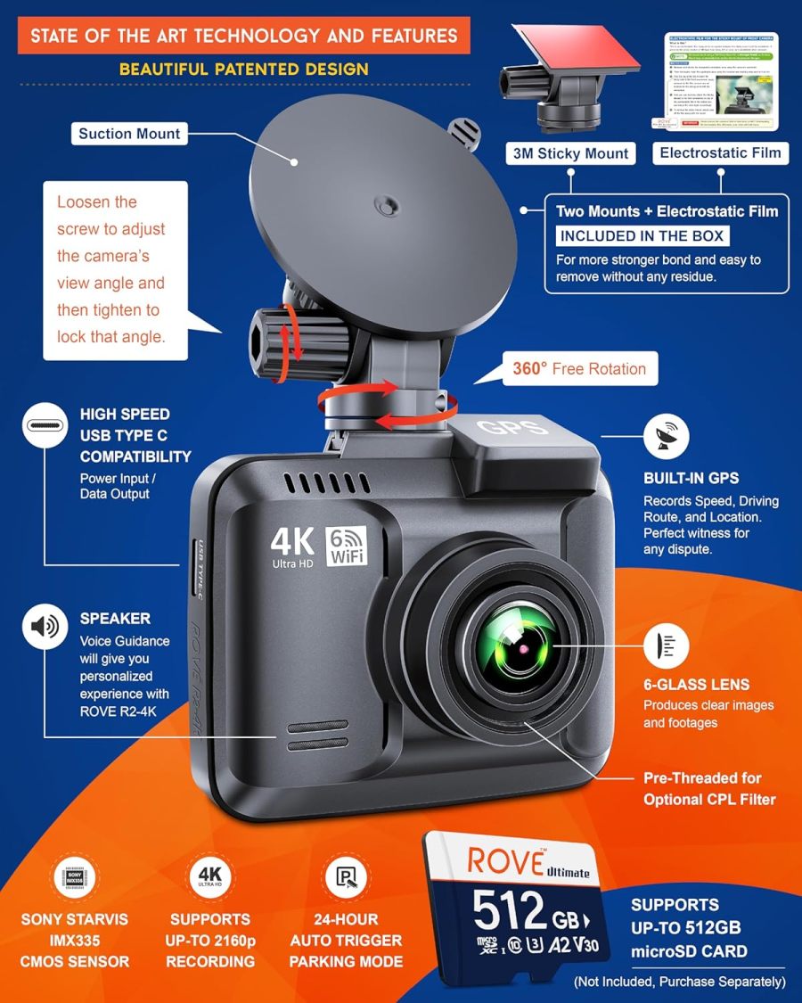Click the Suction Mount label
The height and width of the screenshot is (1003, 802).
click(x=129, y=134)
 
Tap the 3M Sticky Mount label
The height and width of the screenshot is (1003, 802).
click(x=571, y=152)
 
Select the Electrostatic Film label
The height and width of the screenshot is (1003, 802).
click(x=720, y=152)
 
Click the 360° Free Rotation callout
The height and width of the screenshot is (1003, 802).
click(x=579, y=368)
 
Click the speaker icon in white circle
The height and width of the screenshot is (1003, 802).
click(x=45, y=627)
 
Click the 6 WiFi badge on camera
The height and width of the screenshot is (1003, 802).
click(x=347, y=546)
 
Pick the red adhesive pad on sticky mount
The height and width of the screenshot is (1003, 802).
click(x=580, y=48)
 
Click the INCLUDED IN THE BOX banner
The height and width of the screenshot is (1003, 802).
click(x=642, y=235)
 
